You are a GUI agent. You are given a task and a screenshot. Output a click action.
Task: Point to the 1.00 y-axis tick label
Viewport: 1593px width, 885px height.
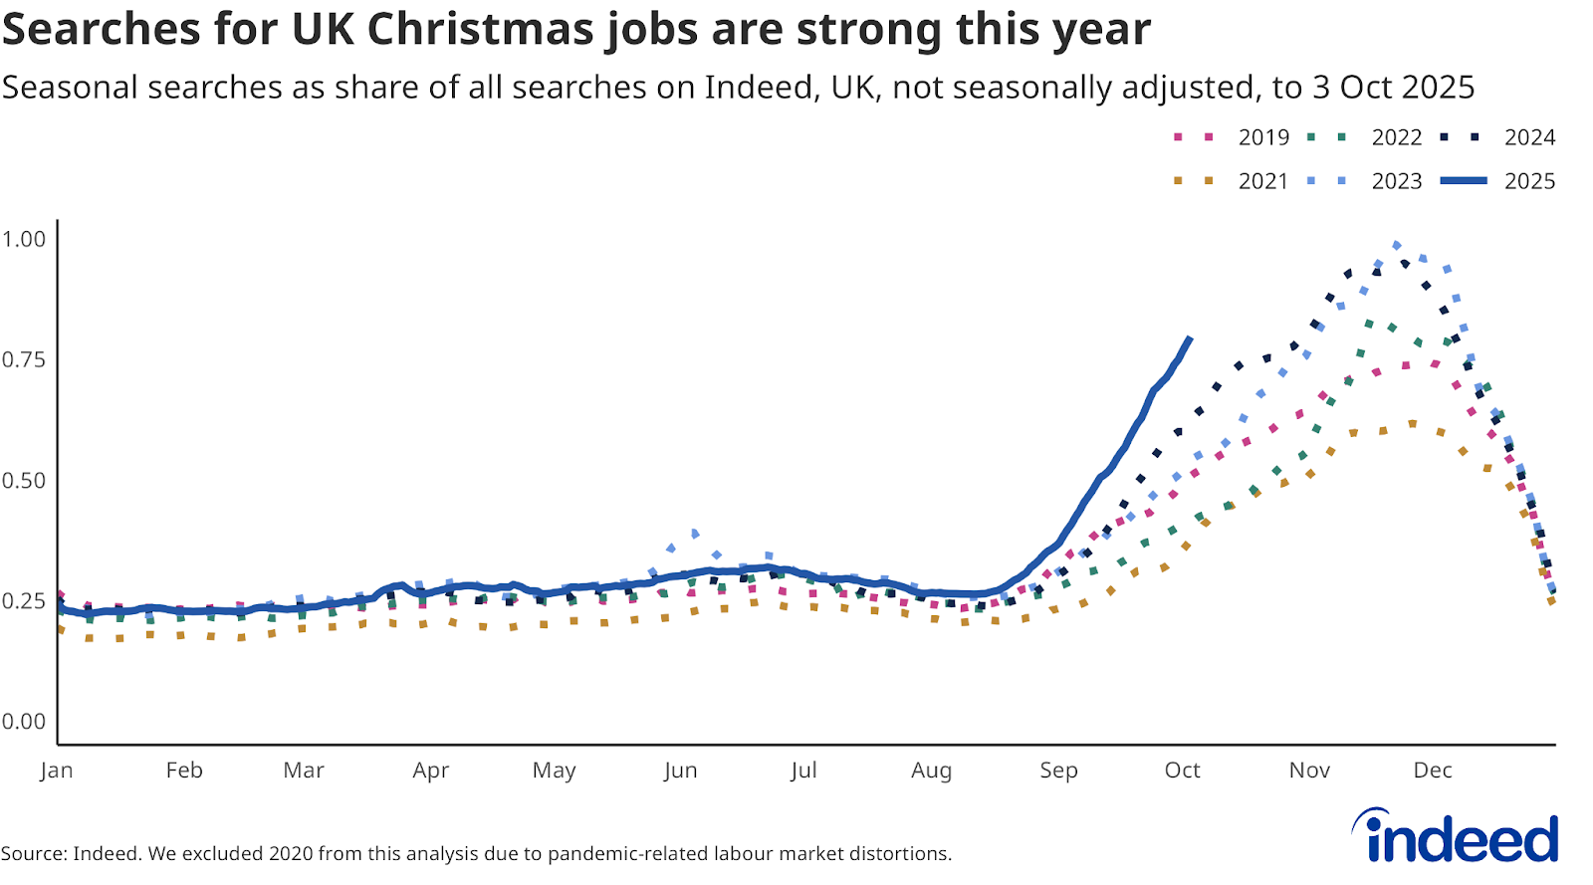pyautogui.click(x=24, y=239)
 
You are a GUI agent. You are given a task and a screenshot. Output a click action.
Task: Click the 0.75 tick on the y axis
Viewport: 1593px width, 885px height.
pyautogui.click(x=24, y=359)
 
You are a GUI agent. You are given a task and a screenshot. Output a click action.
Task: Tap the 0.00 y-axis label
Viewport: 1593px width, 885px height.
pyautogui.click(x=24, y=722)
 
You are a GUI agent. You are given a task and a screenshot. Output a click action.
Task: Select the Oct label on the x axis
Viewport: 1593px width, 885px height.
pyautogui.click(x=1182, y=771)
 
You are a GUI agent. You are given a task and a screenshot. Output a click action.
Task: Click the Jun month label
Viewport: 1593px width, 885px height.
pyautogui.click(x=680, y=771)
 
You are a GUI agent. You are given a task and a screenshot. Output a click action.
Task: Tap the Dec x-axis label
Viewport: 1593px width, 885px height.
pyautogui.click(x=1433, y=771)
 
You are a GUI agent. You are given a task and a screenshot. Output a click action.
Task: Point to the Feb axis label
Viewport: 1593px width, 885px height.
pyautogui.click(x=184, y=771)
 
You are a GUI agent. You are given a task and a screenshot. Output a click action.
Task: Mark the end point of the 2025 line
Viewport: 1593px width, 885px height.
pyautogui.click(x=1189, y=339)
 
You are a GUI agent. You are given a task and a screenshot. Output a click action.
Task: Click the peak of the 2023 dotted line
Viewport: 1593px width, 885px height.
pyautogui.click(x=1397, y=245)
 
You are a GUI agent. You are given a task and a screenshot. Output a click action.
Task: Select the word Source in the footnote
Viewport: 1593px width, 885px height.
pyautogui.click(x=34, y=854)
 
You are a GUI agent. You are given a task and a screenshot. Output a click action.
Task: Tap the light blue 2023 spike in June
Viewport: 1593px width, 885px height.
pyautogui.click(x=694, y=534)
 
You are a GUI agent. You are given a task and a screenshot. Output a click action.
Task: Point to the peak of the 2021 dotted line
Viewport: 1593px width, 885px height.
pyautogui.click(x=1413, y=424)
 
